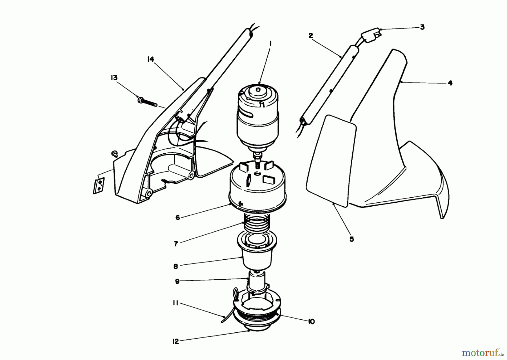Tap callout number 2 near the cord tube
click(311, 36)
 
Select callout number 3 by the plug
click(422, 27)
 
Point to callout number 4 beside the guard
click(450, 83)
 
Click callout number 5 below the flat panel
click(352, 239)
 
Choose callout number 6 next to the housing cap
click(177, 218)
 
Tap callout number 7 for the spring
click(176, 244)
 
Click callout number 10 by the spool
click(311, 322)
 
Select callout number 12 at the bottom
click(175, 341)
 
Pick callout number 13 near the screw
click(114, 78)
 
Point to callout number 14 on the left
click(150, 59)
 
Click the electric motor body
click(258, 121)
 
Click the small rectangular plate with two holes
click(99, 185)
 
